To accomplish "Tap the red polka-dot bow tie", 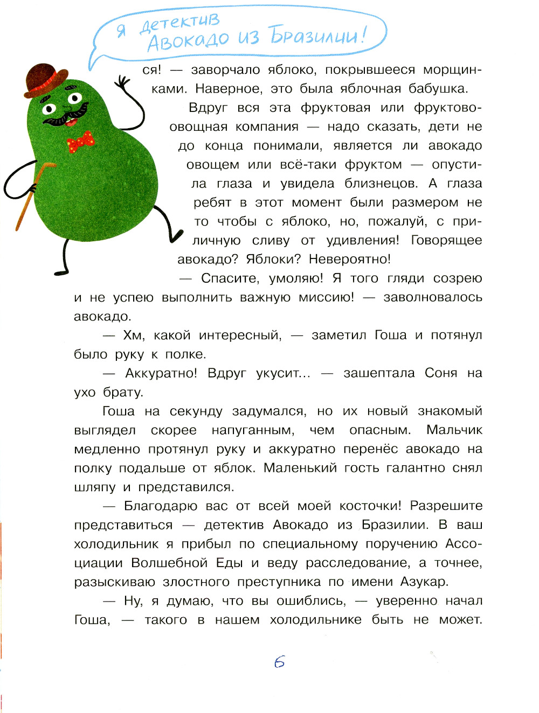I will point(80,142).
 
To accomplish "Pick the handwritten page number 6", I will point(279,662).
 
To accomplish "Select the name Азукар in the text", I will point(424,582).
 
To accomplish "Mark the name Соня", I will point(441,373).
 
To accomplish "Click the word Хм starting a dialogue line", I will point(133,335).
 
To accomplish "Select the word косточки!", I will point(370,506).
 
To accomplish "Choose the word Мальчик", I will point(454,430).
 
